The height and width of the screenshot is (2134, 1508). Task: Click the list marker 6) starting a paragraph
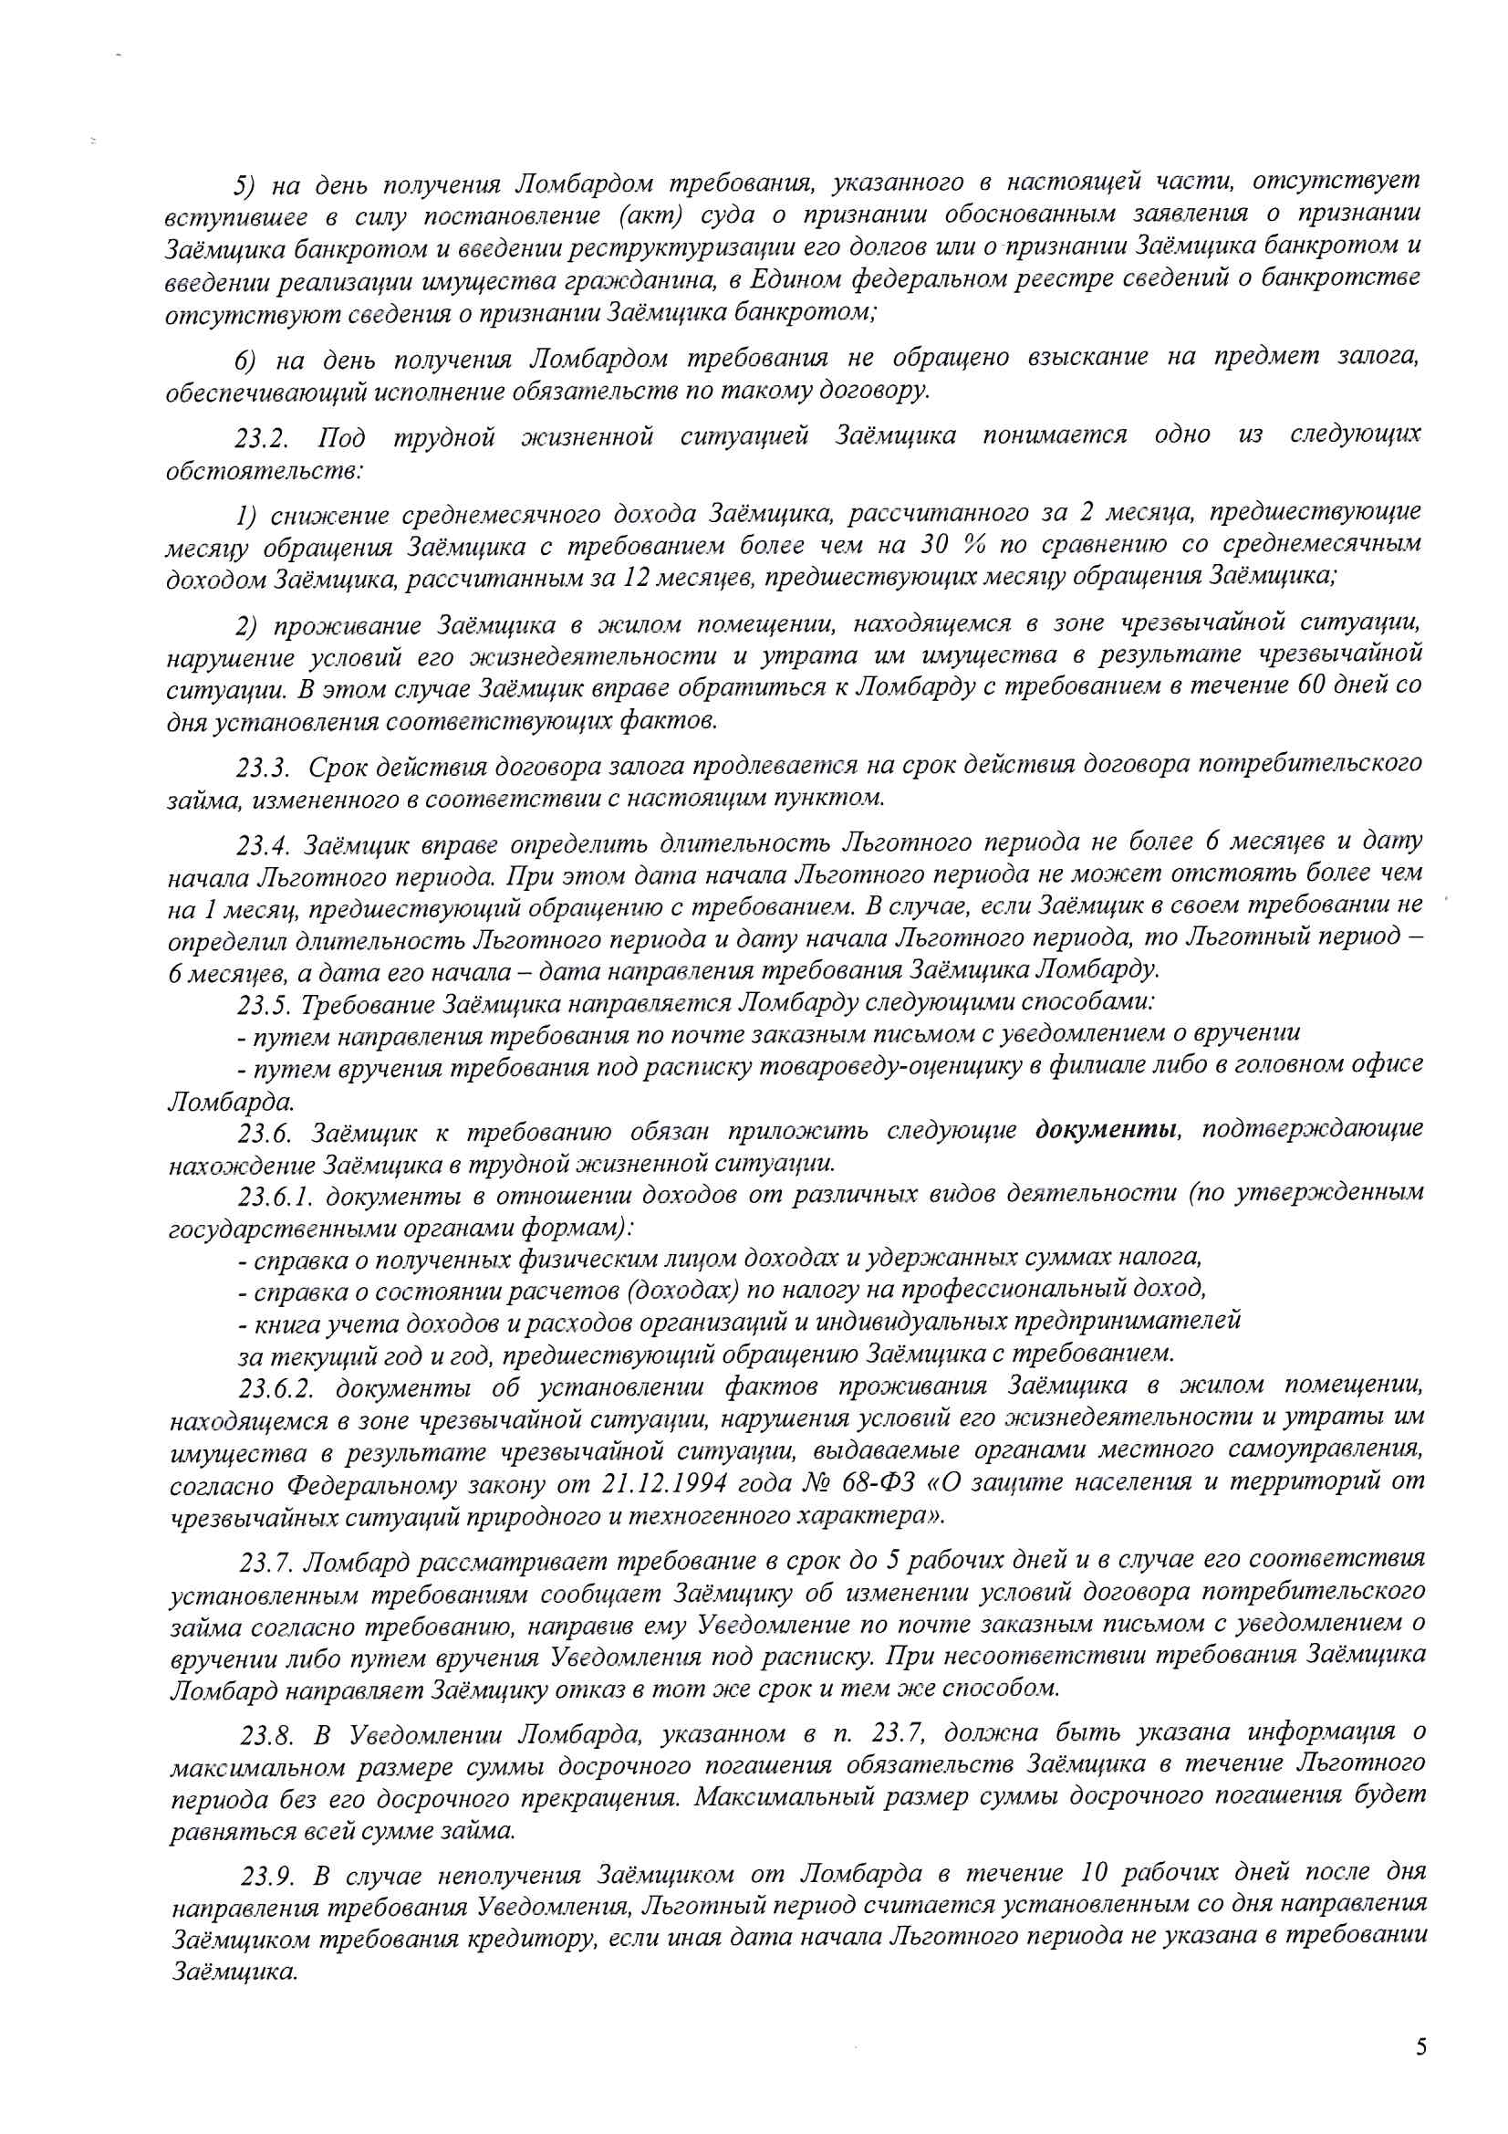tap(245, 360)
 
